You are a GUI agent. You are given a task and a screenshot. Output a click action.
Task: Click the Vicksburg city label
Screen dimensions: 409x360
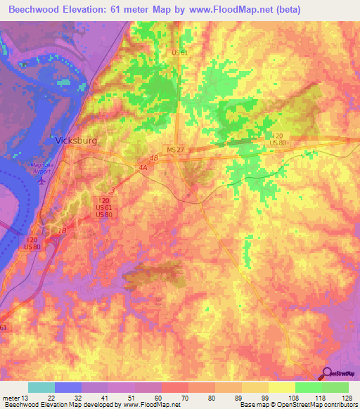coord(76,140)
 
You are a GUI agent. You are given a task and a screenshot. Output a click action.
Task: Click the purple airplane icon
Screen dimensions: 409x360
coord(41,180)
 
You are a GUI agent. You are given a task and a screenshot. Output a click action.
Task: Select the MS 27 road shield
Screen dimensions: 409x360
coord(176,150)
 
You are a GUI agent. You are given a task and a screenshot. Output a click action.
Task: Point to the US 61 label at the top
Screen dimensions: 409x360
coord(179,52)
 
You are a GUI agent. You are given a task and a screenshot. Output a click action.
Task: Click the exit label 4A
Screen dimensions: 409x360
coord(143,167)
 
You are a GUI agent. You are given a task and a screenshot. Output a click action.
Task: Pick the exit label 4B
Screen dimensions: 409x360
coord(154,160)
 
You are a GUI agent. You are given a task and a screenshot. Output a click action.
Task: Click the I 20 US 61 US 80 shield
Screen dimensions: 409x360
coord(103,207)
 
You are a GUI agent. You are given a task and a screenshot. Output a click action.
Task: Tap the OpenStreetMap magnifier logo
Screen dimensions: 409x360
coord(327,374)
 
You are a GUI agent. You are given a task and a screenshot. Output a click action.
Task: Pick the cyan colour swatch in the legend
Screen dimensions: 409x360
coord(41,387)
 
